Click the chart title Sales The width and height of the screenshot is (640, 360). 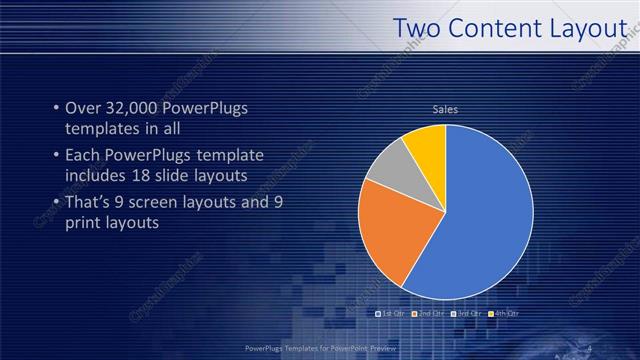click(445, 109)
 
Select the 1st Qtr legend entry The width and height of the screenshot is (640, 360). click(389, 314)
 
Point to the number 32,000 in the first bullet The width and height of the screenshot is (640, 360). click(132, 108)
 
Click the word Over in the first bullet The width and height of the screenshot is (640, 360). click(84, 108)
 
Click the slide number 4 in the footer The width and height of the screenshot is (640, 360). click(589, 347)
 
